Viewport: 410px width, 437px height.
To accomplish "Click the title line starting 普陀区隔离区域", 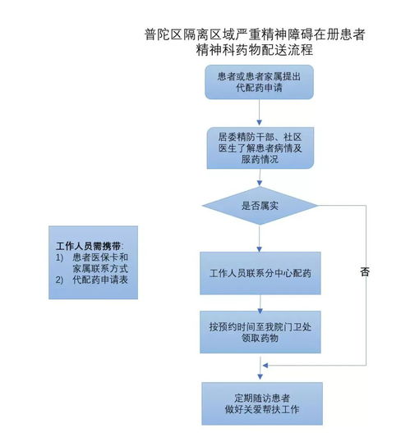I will pos(256,35).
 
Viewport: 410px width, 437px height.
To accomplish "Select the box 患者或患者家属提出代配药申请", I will pos(259,82).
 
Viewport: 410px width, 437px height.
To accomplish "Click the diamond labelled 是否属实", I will pos(259,205).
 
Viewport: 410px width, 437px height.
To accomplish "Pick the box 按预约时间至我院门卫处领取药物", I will pos(259,331).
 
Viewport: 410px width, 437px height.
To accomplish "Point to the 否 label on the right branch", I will pos(364,271).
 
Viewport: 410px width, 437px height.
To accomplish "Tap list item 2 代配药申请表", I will pos(98,280).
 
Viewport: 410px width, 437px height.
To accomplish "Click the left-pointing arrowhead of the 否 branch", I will pos(265,366).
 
